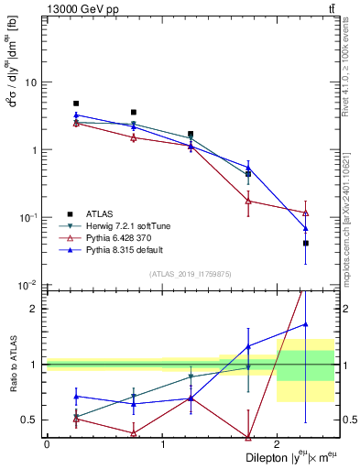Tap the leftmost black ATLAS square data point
tap(76, 104)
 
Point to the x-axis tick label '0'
tap(47, 444)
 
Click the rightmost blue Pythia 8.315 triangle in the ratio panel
tap(306, 323)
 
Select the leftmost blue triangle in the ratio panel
tap(76, 397)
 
